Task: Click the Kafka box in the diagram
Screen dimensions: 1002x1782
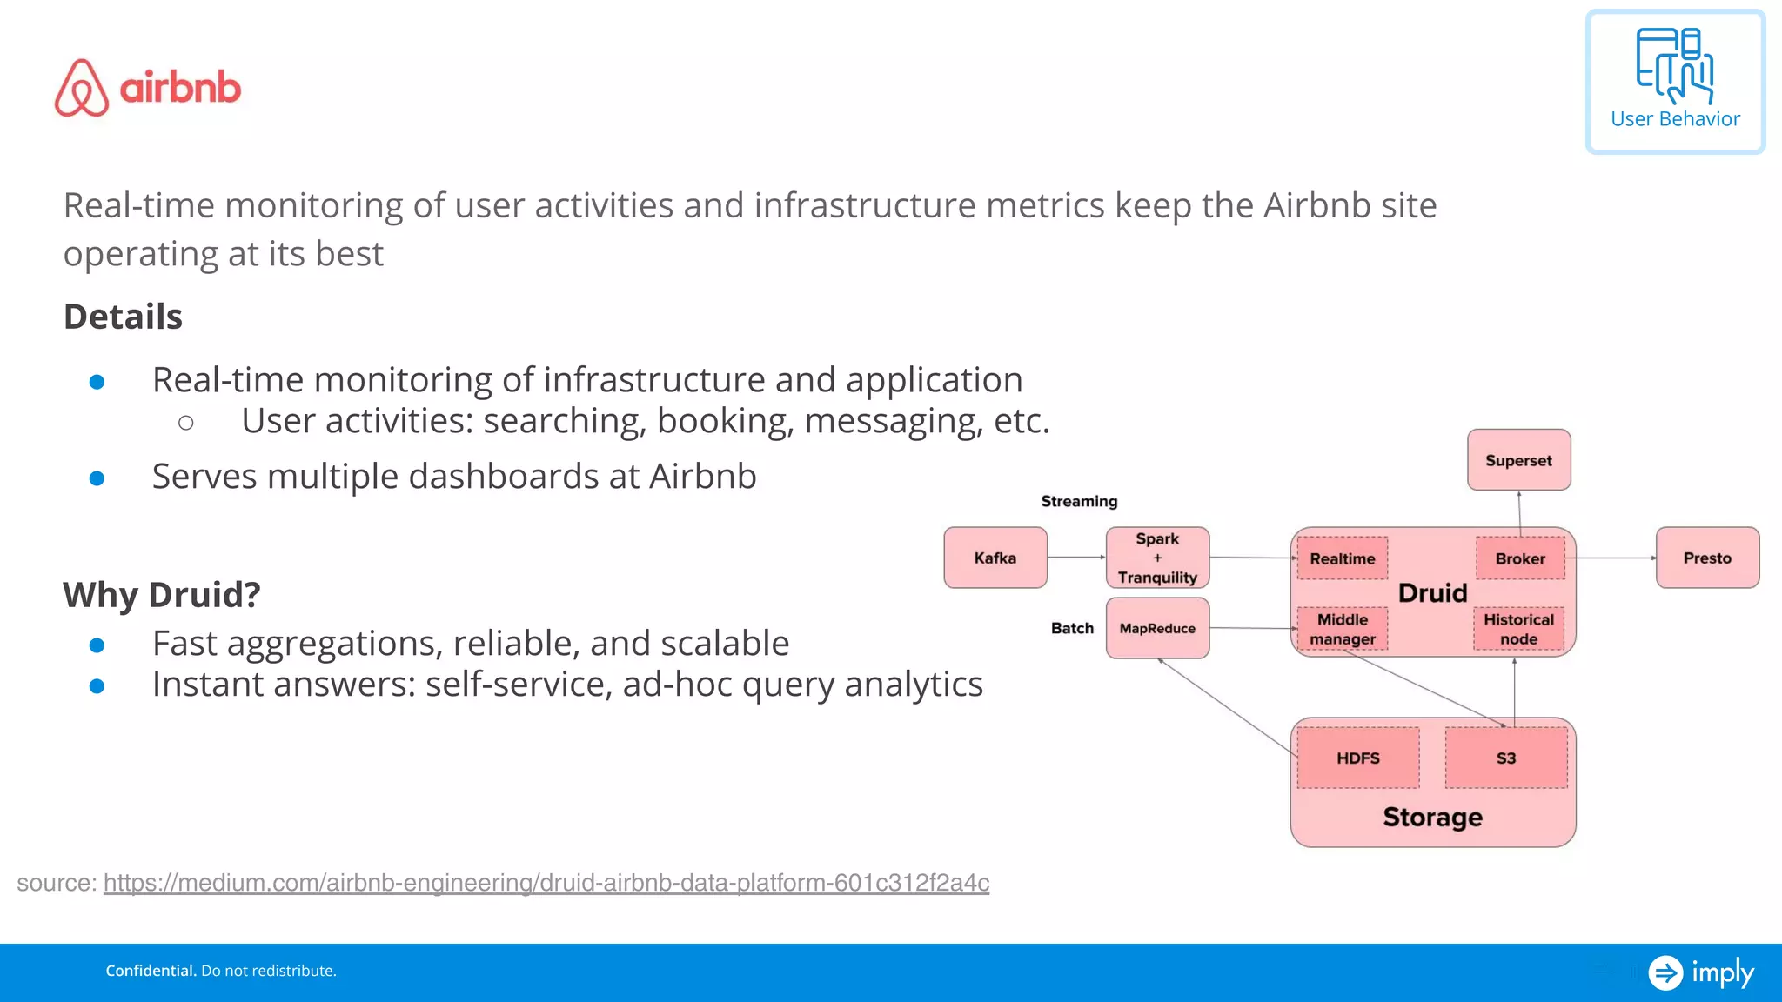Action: click(x=995, y=558)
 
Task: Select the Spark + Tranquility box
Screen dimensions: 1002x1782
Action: click(x=1157, y=558)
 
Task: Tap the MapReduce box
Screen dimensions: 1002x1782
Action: click(x=1157, y=628)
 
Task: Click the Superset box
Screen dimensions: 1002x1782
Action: click(x=1518, y=460)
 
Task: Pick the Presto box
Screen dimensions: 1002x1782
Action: click(x=1707, y=558)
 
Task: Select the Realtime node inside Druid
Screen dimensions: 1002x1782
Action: click(x=1343, y=558)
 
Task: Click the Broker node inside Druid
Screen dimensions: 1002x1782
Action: click(x=1520, y=558)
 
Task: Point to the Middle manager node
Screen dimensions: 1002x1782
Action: click(x=1343, y=629)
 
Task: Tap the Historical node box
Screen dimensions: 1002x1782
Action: click(x=1518, y=629)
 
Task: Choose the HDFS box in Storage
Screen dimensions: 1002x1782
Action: click(x=1358, y=758)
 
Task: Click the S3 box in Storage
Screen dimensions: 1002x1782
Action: click(x=1506, y=758)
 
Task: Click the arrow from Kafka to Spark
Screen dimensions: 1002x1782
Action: click(x=1076, y=558)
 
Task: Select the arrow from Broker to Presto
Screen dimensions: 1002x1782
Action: click(x=1615, y=558)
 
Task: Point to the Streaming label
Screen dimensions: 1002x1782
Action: click(x=1079, y=501)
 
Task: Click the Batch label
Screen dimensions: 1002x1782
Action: click(x=1072, y=628)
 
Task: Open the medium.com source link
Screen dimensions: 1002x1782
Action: click(x=546, y=883)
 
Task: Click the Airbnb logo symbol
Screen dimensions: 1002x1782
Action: click(x=82, y=88)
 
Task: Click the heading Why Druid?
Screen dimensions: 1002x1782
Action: click(x=162, y=595)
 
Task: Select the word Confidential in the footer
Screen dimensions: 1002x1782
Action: click(x=151, y=971)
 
